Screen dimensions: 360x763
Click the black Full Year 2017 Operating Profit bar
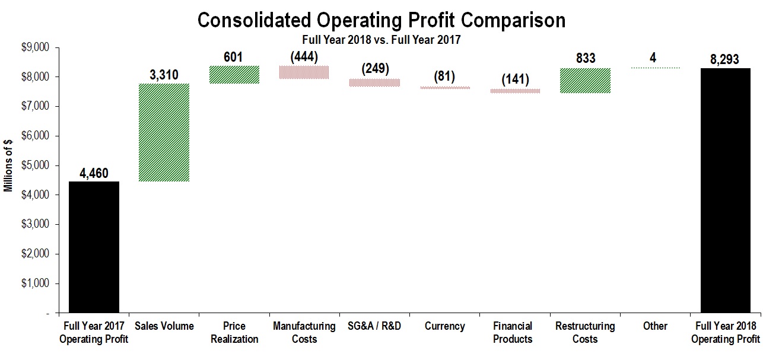click(94, 247)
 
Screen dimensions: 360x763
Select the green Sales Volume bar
click(164, 132)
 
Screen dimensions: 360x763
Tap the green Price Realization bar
click(234, 75)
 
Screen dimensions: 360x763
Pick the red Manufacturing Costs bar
click(304, 72)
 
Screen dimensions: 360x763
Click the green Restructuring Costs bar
click(586, 81)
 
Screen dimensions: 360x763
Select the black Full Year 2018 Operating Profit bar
click(725, 190)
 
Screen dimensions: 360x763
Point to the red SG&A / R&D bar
click(374, 83)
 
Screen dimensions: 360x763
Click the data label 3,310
click(164, 75)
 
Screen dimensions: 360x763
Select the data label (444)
click(304, 57)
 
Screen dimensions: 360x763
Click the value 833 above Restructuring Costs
click(586, 59)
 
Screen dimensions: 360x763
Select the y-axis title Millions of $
click(8, 166)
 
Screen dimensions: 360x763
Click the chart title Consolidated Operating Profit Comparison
click(381, 20)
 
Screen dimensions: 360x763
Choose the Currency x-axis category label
click(445, 327)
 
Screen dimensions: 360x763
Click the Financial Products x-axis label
click(515, 333)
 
